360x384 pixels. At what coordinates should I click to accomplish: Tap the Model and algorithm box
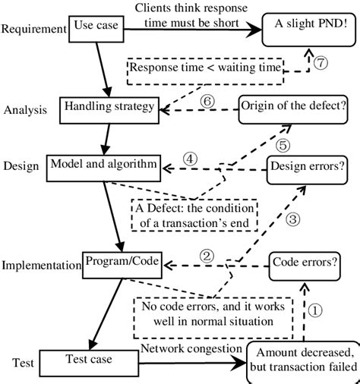(103, 163)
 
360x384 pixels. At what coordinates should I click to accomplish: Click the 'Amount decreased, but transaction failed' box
(303, 359)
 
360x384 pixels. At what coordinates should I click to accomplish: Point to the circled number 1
(315, 310)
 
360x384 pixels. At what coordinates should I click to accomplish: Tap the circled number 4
(191, 159)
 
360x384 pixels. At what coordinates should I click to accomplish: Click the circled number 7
(321, 64)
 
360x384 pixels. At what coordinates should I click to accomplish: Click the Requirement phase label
(33, 30)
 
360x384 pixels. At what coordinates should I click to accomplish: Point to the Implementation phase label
(40, 266)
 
